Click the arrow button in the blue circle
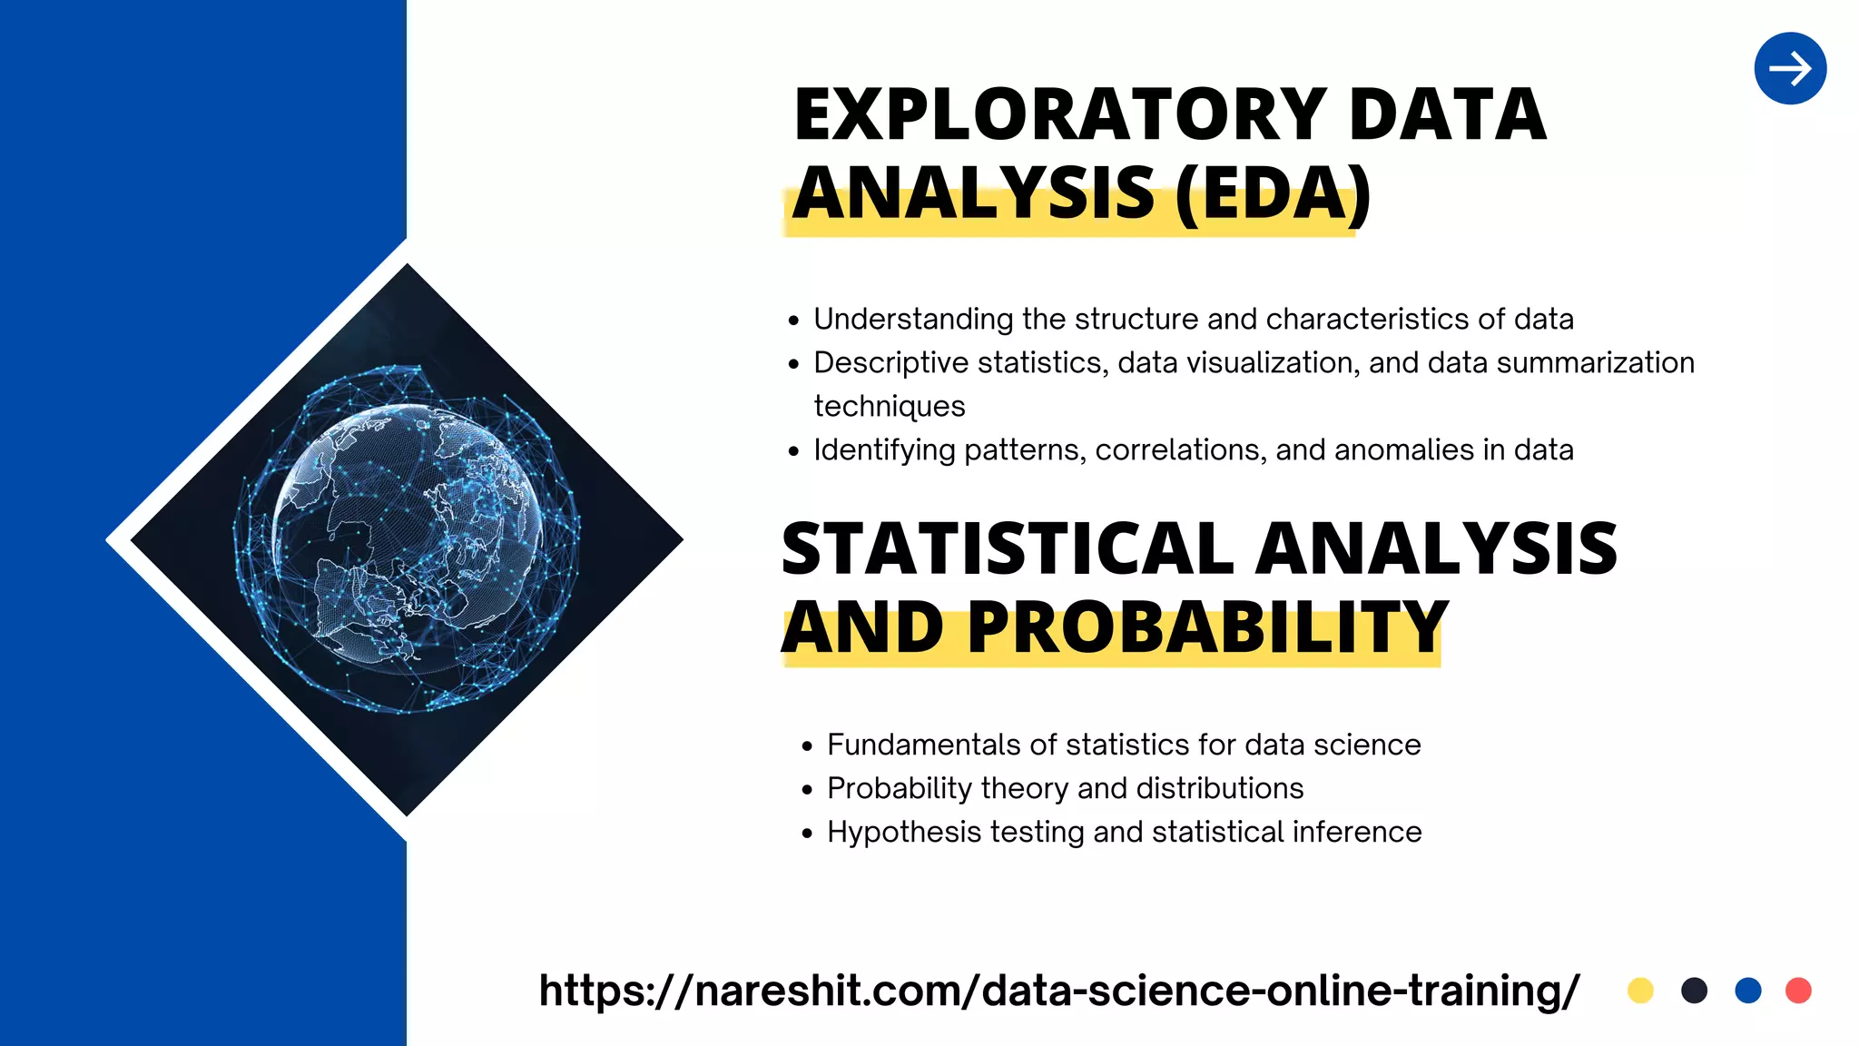coord(1790,69)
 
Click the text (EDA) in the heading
coord(1272,193)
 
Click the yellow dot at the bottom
coord(1640,990)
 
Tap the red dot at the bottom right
coord(1798,990)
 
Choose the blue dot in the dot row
coord(1747,990)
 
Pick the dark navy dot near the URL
coord(1694,990)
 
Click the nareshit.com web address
coord(1058,990)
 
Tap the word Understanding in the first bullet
coord(912,320)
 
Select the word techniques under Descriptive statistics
coord(889,406)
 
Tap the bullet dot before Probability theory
coord(807,790)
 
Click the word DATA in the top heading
coord(1447,115)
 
